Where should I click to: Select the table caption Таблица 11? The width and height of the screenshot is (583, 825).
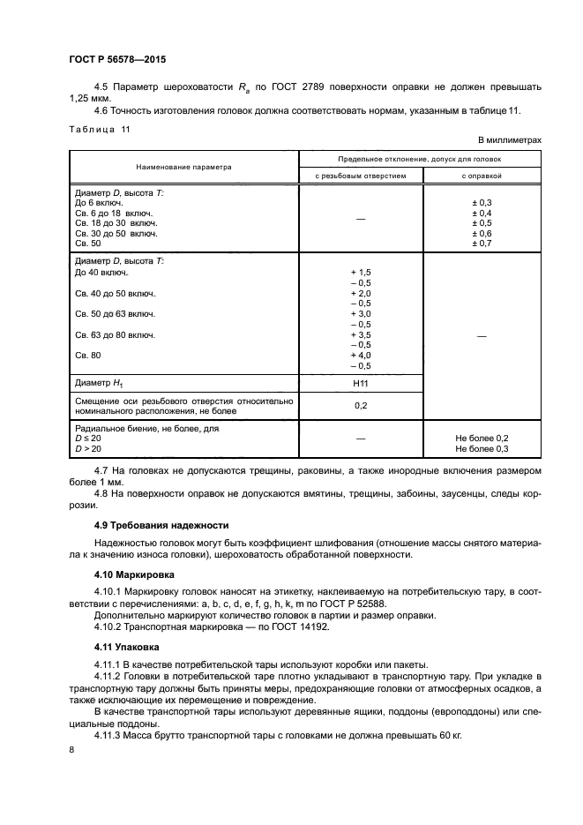pyautogui.click(x=99, y=130)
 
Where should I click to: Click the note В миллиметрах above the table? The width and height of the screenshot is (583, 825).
pyautogui.click(x=509, y=140)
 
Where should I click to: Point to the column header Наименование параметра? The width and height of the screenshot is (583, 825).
pyautogui.click(x=183, y=166)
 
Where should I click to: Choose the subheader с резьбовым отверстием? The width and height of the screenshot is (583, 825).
pyautogui.click(x=361, y=176)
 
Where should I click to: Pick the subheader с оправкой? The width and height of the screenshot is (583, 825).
pyautogui.click(x=482, y=176)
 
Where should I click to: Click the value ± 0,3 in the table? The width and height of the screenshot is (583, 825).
pyautogui.click(x=482, y=203)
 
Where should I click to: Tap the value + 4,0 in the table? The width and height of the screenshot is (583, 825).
pyautogui.click(x=361, y=356)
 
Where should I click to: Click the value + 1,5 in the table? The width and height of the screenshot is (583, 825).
pyautogui.click(x=361, y=273)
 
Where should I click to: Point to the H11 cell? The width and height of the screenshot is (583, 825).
pyautogui.click(x=361, y=383)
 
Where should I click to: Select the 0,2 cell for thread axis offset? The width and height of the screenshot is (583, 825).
pyautogui.click(x=361, y=406)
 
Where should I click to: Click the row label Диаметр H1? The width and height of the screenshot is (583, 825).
pyautogui.click(x=99, y=383)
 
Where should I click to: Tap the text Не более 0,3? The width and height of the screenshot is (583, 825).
pyautogui.click(x=482, y=448)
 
